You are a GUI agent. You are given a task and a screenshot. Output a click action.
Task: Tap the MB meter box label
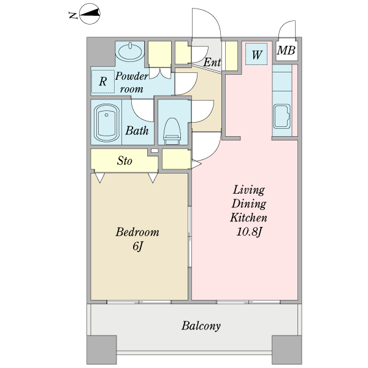pos(286,50)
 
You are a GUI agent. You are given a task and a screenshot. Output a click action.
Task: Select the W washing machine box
pos(256,54)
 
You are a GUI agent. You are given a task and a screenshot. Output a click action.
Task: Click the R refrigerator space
pos(102,82)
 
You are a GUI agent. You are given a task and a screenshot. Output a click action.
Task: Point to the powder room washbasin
pos(130,51)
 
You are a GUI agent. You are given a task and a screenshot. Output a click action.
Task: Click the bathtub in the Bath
pos(106,123)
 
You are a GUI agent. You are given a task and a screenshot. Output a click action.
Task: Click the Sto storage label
pos(125,161)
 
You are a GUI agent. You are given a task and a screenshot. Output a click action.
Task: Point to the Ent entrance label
pos(212,63)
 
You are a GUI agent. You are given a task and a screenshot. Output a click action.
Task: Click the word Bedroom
pos(137,232)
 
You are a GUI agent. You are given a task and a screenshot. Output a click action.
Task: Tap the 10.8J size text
pos(249,232)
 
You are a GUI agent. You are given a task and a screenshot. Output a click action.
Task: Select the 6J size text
pos(137,246)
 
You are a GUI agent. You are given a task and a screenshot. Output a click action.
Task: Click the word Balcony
pos(201,326)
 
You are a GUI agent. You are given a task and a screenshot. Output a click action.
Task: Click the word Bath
pos(137,131)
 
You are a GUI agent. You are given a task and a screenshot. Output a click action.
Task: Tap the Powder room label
pos(131,82)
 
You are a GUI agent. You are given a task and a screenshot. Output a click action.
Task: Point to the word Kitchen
pos(248,218)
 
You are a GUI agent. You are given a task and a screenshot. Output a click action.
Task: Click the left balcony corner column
pos(102,350)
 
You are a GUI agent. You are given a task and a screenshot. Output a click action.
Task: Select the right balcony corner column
pos(286,350)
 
